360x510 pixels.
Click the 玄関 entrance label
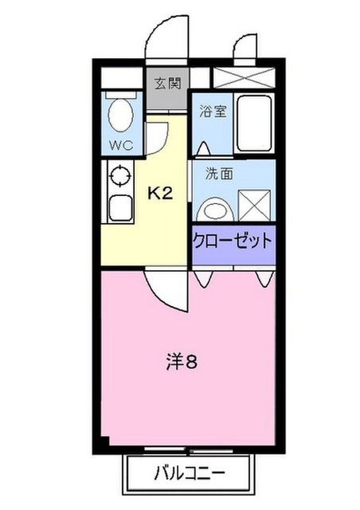pyautogui.click(x=166, y=82)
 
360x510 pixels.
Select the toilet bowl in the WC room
pyautogui.click(x=121, y=115)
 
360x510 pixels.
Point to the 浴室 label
pyautogui.click(x=213, y=111)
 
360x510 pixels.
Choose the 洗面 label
pyautogui.click(x=219, y=174)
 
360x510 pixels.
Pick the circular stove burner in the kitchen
pyautogui.click(x=121, y=175)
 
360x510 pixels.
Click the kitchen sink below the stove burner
pyautogui.click(x=121, y=208)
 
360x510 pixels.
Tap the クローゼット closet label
pyautogui.click(x=233, y=240)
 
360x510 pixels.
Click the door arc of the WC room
pyautogui.click(x=155, y=136)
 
